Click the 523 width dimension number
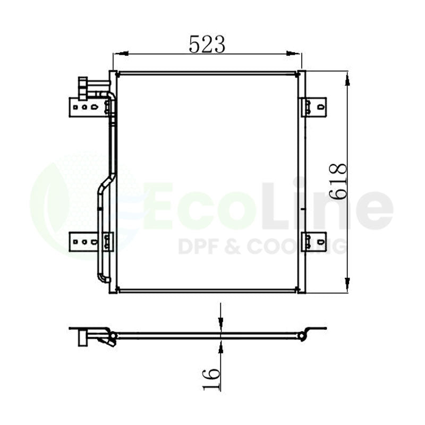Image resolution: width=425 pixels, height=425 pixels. tap(207, 44)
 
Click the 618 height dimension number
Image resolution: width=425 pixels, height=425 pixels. tap(338, 182)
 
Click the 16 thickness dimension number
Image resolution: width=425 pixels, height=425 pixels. tap(211, 379)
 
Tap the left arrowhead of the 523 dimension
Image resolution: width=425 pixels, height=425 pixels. tap(121, 54)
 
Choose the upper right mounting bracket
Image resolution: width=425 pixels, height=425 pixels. tap(315, 107)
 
